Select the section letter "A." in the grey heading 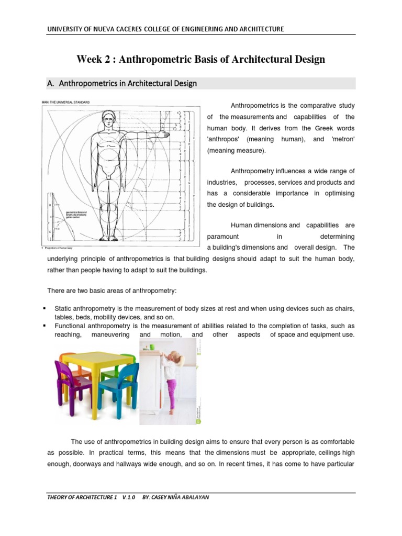point(51,83)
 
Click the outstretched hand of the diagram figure point(164,135)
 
